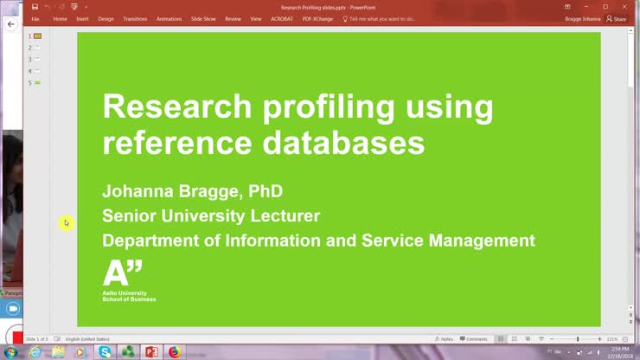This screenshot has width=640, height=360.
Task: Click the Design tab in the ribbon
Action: click(x=106, y=18)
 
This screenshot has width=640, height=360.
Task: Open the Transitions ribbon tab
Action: click(x=135, y=18)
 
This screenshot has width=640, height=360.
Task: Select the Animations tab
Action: click(x=169, y=18)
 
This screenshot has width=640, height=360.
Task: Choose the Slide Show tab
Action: click(x=203, y=18)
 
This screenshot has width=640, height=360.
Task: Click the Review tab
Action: click(x=233, y=18)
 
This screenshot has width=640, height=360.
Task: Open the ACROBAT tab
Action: click(x=282, y=18)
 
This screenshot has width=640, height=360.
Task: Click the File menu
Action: click(x=35, y=18)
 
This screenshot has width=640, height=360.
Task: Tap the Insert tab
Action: click(x=82, y=18)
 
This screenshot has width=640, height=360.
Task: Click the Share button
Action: click(x=617, y=18)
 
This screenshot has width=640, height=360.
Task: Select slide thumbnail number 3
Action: click(x=37, y=60)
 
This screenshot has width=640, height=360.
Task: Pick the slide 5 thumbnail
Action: click(x=37, y=82)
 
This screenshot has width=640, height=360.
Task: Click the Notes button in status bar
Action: click(x=444, y=339)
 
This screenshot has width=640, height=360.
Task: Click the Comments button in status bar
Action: click(x=474, y=339)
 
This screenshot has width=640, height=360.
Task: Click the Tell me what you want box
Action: click(x=381, y=18)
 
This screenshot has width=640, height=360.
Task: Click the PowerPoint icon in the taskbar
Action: click(x=150, y=352)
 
